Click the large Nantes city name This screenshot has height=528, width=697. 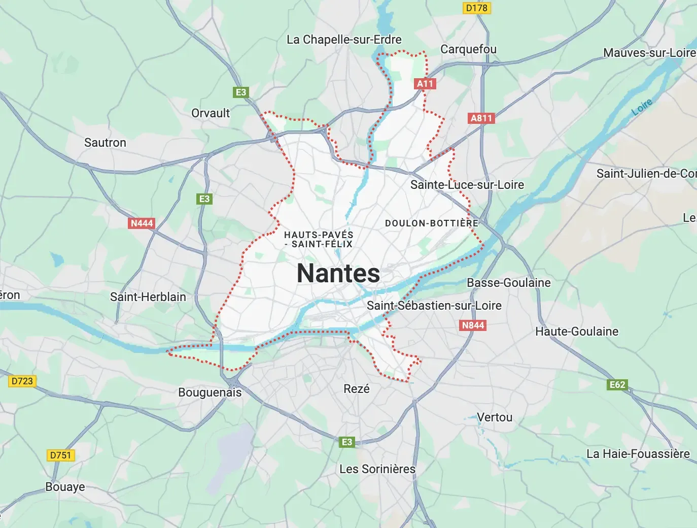click(338, 273)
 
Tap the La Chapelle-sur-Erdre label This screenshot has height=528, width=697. click(344, 40)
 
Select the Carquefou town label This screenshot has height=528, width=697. click(468, 49)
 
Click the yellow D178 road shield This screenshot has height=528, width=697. click(476, 8)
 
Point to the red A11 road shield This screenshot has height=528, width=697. click(425, 84)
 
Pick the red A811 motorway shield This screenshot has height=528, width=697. click(481, 118)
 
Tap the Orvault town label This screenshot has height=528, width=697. click(211, 113)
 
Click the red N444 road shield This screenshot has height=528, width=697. click(142, 223)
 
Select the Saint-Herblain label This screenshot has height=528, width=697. click(148, 297)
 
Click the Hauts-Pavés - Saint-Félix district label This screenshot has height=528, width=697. click(319, 239)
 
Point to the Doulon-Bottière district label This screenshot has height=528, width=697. click(432, 223)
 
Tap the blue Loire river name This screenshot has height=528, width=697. click(642, 107)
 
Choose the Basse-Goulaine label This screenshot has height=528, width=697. click(509, 283)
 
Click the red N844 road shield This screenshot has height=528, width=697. click(473, 325)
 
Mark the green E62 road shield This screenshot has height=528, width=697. click(617, 384)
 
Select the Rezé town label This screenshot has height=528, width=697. click(357, 389)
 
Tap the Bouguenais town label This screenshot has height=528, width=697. click(210, 392)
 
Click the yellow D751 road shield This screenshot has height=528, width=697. click(60, 455)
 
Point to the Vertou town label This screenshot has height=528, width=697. click(495, 417)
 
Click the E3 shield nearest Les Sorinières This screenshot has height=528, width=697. click(347, 442)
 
